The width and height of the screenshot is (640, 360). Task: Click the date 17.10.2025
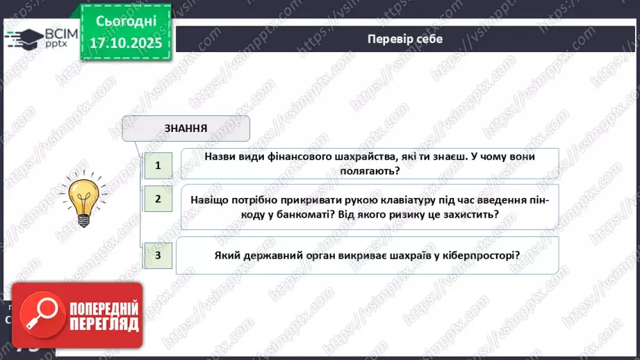(x=125, y=43)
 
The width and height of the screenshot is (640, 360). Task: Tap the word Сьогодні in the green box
(x=125, y=21)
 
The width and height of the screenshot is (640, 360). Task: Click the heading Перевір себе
(x=404, y=39)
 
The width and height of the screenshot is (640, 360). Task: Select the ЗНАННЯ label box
(x=186, y=128)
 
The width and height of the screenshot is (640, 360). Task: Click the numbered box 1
(x=158, y=165)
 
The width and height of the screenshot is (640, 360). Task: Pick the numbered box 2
(x=158, y=199)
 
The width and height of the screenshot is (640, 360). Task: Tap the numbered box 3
(x=158, y=255)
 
